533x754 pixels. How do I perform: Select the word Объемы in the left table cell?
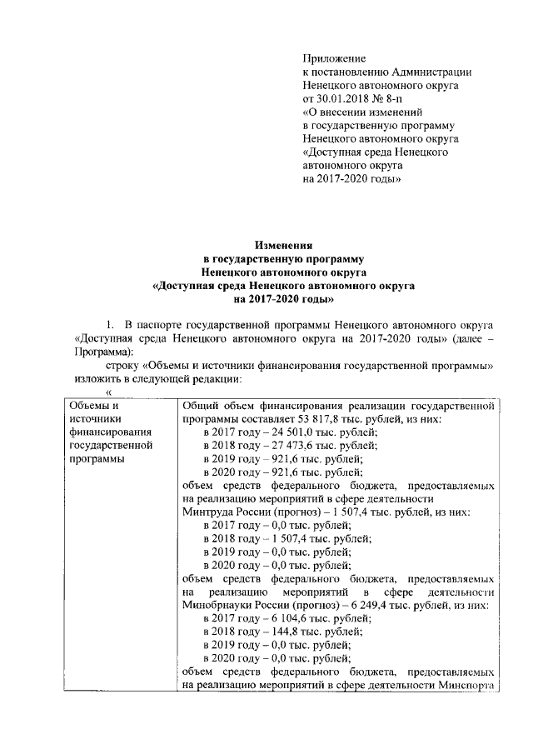coord(90,405)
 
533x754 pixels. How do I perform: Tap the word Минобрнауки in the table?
coord(217,605)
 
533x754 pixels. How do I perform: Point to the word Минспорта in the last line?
coord(472,685)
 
